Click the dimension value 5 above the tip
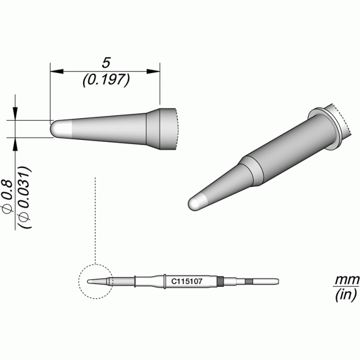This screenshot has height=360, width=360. point(106,63)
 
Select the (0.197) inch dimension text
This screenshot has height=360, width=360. point(106,80)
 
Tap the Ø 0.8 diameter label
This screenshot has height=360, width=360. point(7,195)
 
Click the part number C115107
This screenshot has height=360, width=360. point(187,281)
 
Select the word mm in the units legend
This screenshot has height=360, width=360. point(347,280)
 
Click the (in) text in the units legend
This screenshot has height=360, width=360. point(346,294)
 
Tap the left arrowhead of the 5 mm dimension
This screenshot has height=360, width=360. point(57,71)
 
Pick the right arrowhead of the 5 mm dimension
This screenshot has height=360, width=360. point(153,71)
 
